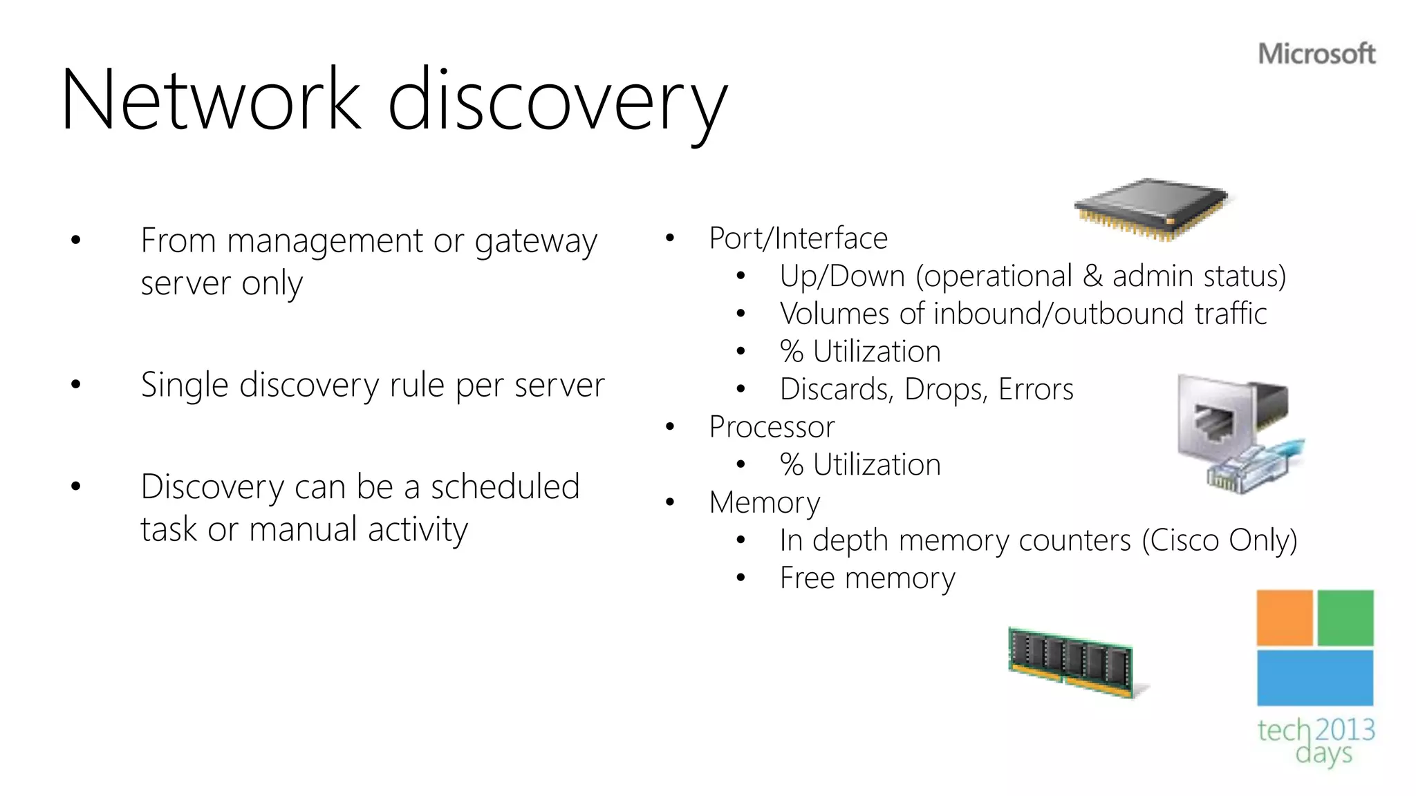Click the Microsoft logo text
coord(1316,54)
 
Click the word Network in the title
coord(211,100)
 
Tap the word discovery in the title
coord(557,102)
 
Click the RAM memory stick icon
coord(1072,662)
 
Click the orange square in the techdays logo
coord(1284,617)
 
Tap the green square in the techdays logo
coord(1345,617)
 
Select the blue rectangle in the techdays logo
coord(1314,677)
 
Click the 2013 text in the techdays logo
coord(1345,730)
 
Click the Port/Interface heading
coord(798,238)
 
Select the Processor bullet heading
coord(772,427)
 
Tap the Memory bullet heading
coord(765,502)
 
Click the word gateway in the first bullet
coord(535,243)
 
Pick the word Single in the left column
coord(184,385)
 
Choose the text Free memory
coord(867,578)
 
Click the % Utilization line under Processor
coord(860,465)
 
